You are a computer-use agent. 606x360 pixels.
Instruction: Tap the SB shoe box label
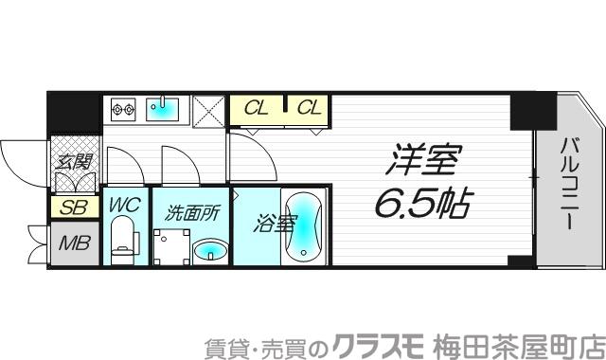pyautogui.click(x=70, y=207)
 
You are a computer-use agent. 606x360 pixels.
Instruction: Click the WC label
pyautogui.click(x=126, y=205)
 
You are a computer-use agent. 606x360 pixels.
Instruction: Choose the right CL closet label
pyautogui.click(x=309, y=108)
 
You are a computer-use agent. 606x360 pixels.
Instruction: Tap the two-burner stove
pyautogui.click(x=124, y=110)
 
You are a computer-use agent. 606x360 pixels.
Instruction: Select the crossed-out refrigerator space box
pyautogui.click(x=208, y=111)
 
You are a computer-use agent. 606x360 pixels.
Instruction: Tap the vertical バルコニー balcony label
pyautogui.click(x=570, y=186)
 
